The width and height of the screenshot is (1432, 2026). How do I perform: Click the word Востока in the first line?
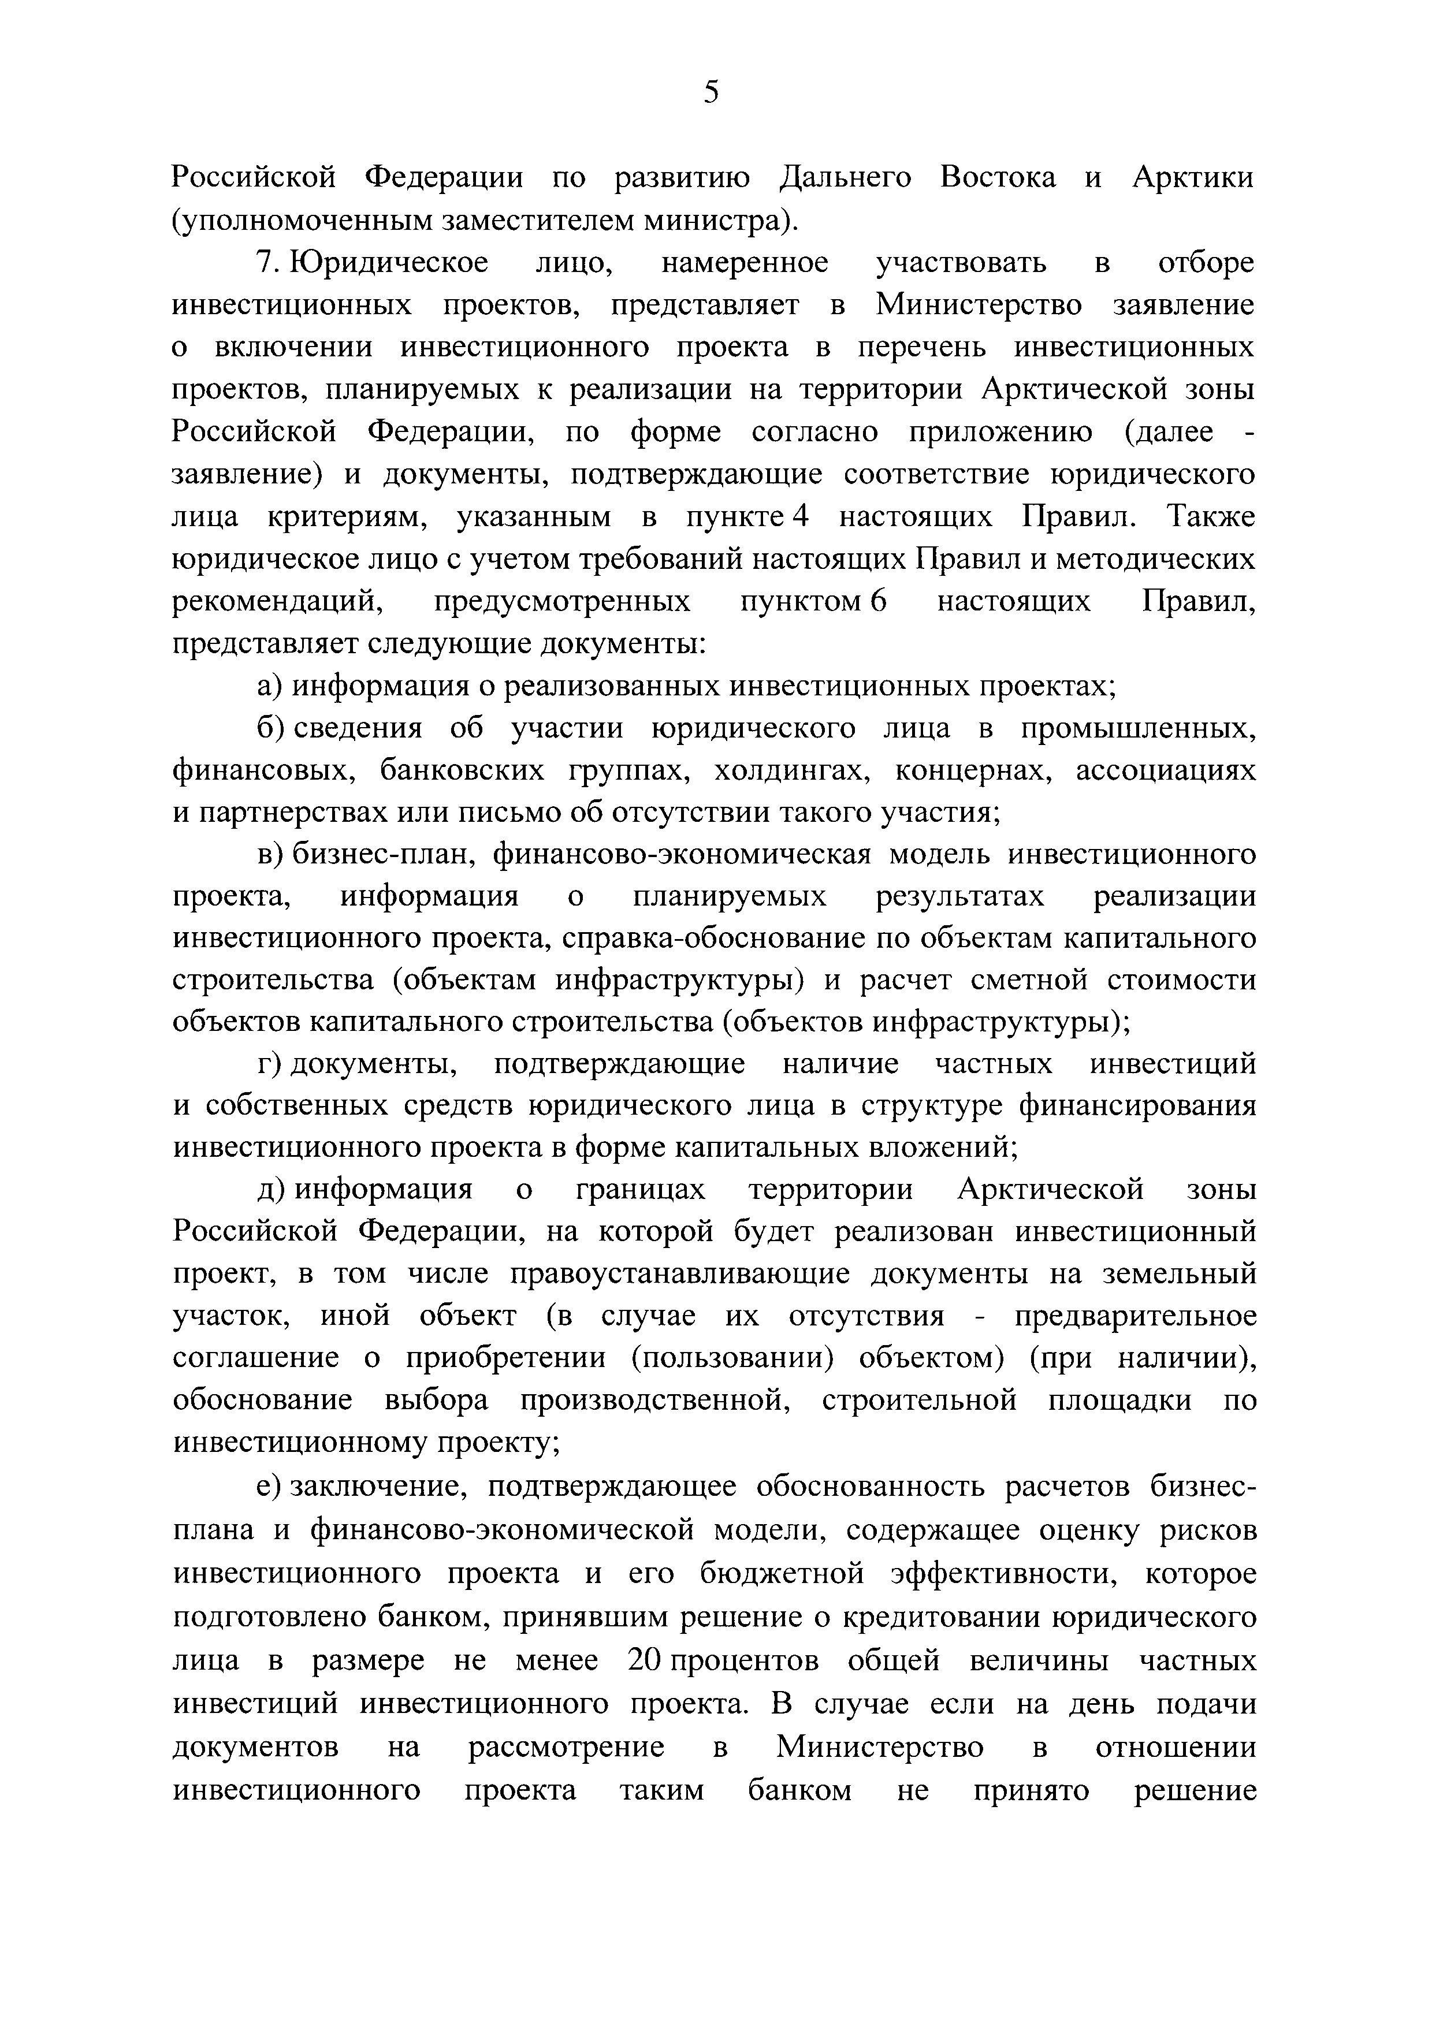pyautogui.click(x=998, y=177)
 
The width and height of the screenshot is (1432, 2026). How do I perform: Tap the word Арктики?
pyautogui.click(x=1193, y=177)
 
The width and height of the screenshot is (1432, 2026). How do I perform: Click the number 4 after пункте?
pyautogui.click(x=801, y=517)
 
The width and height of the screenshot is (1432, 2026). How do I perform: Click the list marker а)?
pyautogui.click(x=268, y=687)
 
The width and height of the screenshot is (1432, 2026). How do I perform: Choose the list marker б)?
pyautogui.click(x=268, y=729)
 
